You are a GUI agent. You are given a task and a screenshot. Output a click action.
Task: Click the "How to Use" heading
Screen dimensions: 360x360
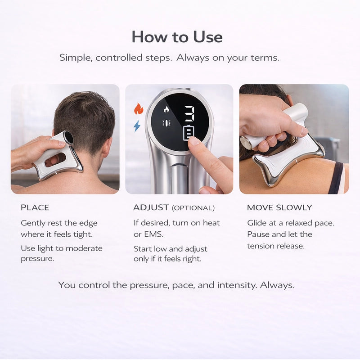[x=177, y=37]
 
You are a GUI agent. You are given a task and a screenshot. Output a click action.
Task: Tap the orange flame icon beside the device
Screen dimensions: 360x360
[x=139, y=109]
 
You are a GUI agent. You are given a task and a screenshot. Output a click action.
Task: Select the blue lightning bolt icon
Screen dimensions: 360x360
[x=137, y=126]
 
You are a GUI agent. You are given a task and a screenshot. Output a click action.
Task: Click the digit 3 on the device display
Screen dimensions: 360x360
[x=190, y=113]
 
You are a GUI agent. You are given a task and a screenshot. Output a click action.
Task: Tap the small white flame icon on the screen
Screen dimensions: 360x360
[x=166, y=109]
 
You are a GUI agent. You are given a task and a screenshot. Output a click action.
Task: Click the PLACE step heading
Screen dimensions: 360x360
[x=35, y=207]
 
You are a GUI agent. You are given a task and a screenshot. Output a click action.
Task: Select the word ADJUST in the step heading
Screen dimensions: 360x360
[x=151, y=207]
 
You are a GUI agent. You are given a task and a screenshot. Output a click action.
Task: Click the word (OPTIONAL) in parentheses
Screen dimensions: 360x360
[x=193, y=208]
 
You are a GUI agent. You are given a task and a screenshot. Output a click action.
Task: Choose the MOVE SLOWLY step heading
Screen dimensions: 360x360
[x=279, y=207]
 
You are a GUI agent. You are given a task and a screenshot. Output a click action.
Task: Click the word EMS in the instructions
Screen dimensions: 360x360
[x=153, y=234]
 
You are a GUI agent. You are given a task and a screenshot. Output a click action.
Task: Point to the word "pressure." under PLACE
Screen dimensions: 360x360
[x=37, y=259]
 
